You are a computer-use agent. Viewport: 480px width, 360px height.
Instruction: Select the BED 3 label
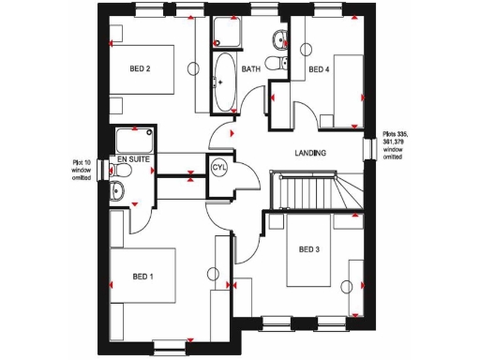[x=309, y=248]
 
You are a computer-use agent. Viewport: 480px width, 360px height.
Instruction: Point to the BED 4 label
[x=320, y=68]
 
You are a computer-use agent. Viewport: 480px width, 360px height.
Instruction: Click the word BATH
[x=251, y=69]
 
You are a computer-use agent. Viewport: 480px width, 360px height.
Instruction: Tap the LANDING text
[x=310, y=153]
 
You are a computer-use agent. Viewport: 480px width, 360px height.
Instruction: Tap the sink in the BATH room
[x=279, y=38]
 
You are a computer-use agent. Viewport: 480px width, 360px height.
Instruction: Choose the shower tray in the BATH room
[x=225, y=34]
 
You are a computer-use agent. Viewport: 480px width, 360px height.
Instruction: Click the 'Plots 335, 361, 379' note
[x=399, y=148]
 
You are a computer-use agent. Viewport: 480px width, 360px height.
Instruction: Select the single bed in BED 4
[x=342, y=91]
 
